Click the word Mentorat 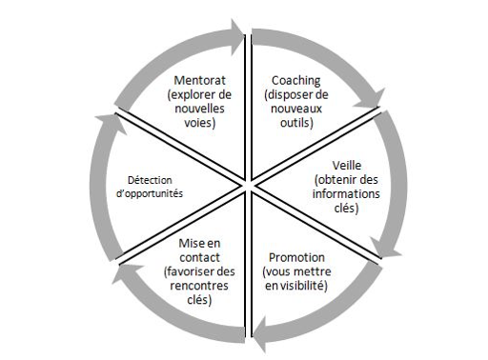click(x=199, y=80)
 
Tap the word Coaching click(x=295, y=81)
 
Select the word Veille click(x=347, y=166)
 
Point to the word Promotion click(x=296, y=257)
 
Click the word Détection click(x=150, y=180)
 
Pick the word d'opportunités click(x=150, y=193)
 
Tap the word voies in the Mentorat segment click(x=198, y=123)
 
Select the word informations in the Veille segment click(x=346, y=193)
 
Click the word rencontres click(x=199, y=286)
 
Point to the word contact click(x=199, y=257)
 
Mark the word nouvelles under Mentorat click(x=199, y=109)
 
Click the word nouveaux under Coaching click(x=296, y=109)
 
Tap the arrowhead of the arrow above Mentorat click(x=237, y=37)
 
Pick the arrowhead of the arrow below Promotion click(x=260, y=334)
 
